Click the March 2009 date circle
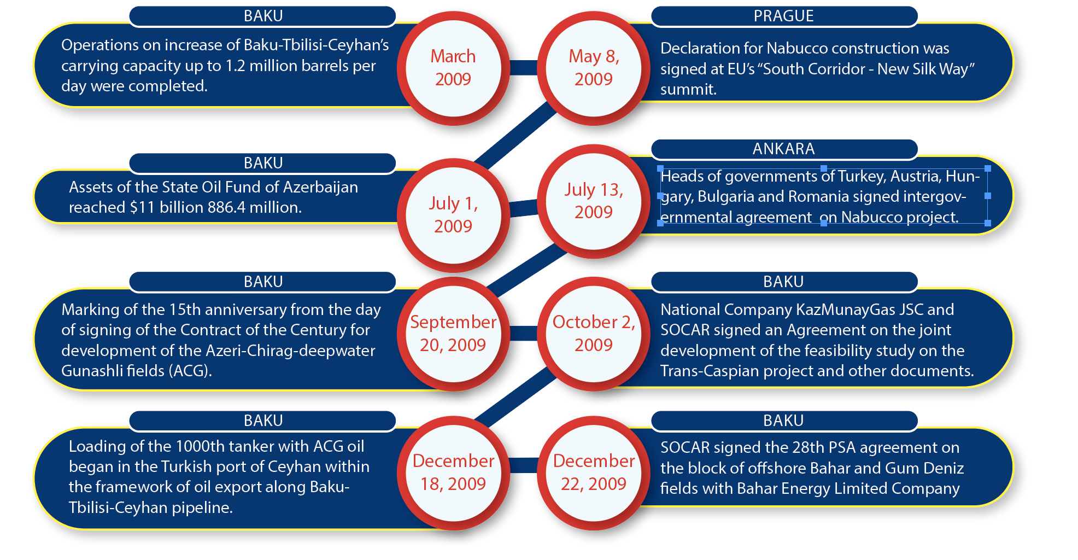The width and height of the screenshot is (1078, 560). (x=453, y=68)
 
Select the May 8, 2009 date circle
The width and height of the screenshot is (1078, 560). (x=594, y=68)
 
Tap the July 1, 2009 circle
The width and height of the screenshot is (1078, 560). (x=453, y=215)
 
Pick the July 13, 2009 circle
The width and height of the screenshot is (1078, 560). (x=594, y=201)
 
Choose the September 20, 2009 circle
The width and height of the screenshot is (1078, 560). (x=453, y=334)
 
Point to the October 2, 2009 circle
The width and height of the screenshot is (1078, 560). (x=594, y=334)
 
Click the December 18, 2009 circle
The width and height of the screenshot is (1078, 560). (x=453, y=472)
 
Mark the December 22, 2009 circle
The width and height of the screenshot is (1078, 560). (x=594, y=472)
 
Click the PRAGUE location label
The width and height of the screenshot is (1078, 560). (x=784, y=16)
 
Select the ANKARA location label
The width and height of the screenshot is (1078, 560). (x=784, y=149)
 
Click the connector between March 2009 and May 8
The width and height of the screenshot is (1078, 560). (x=524, y=68)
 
